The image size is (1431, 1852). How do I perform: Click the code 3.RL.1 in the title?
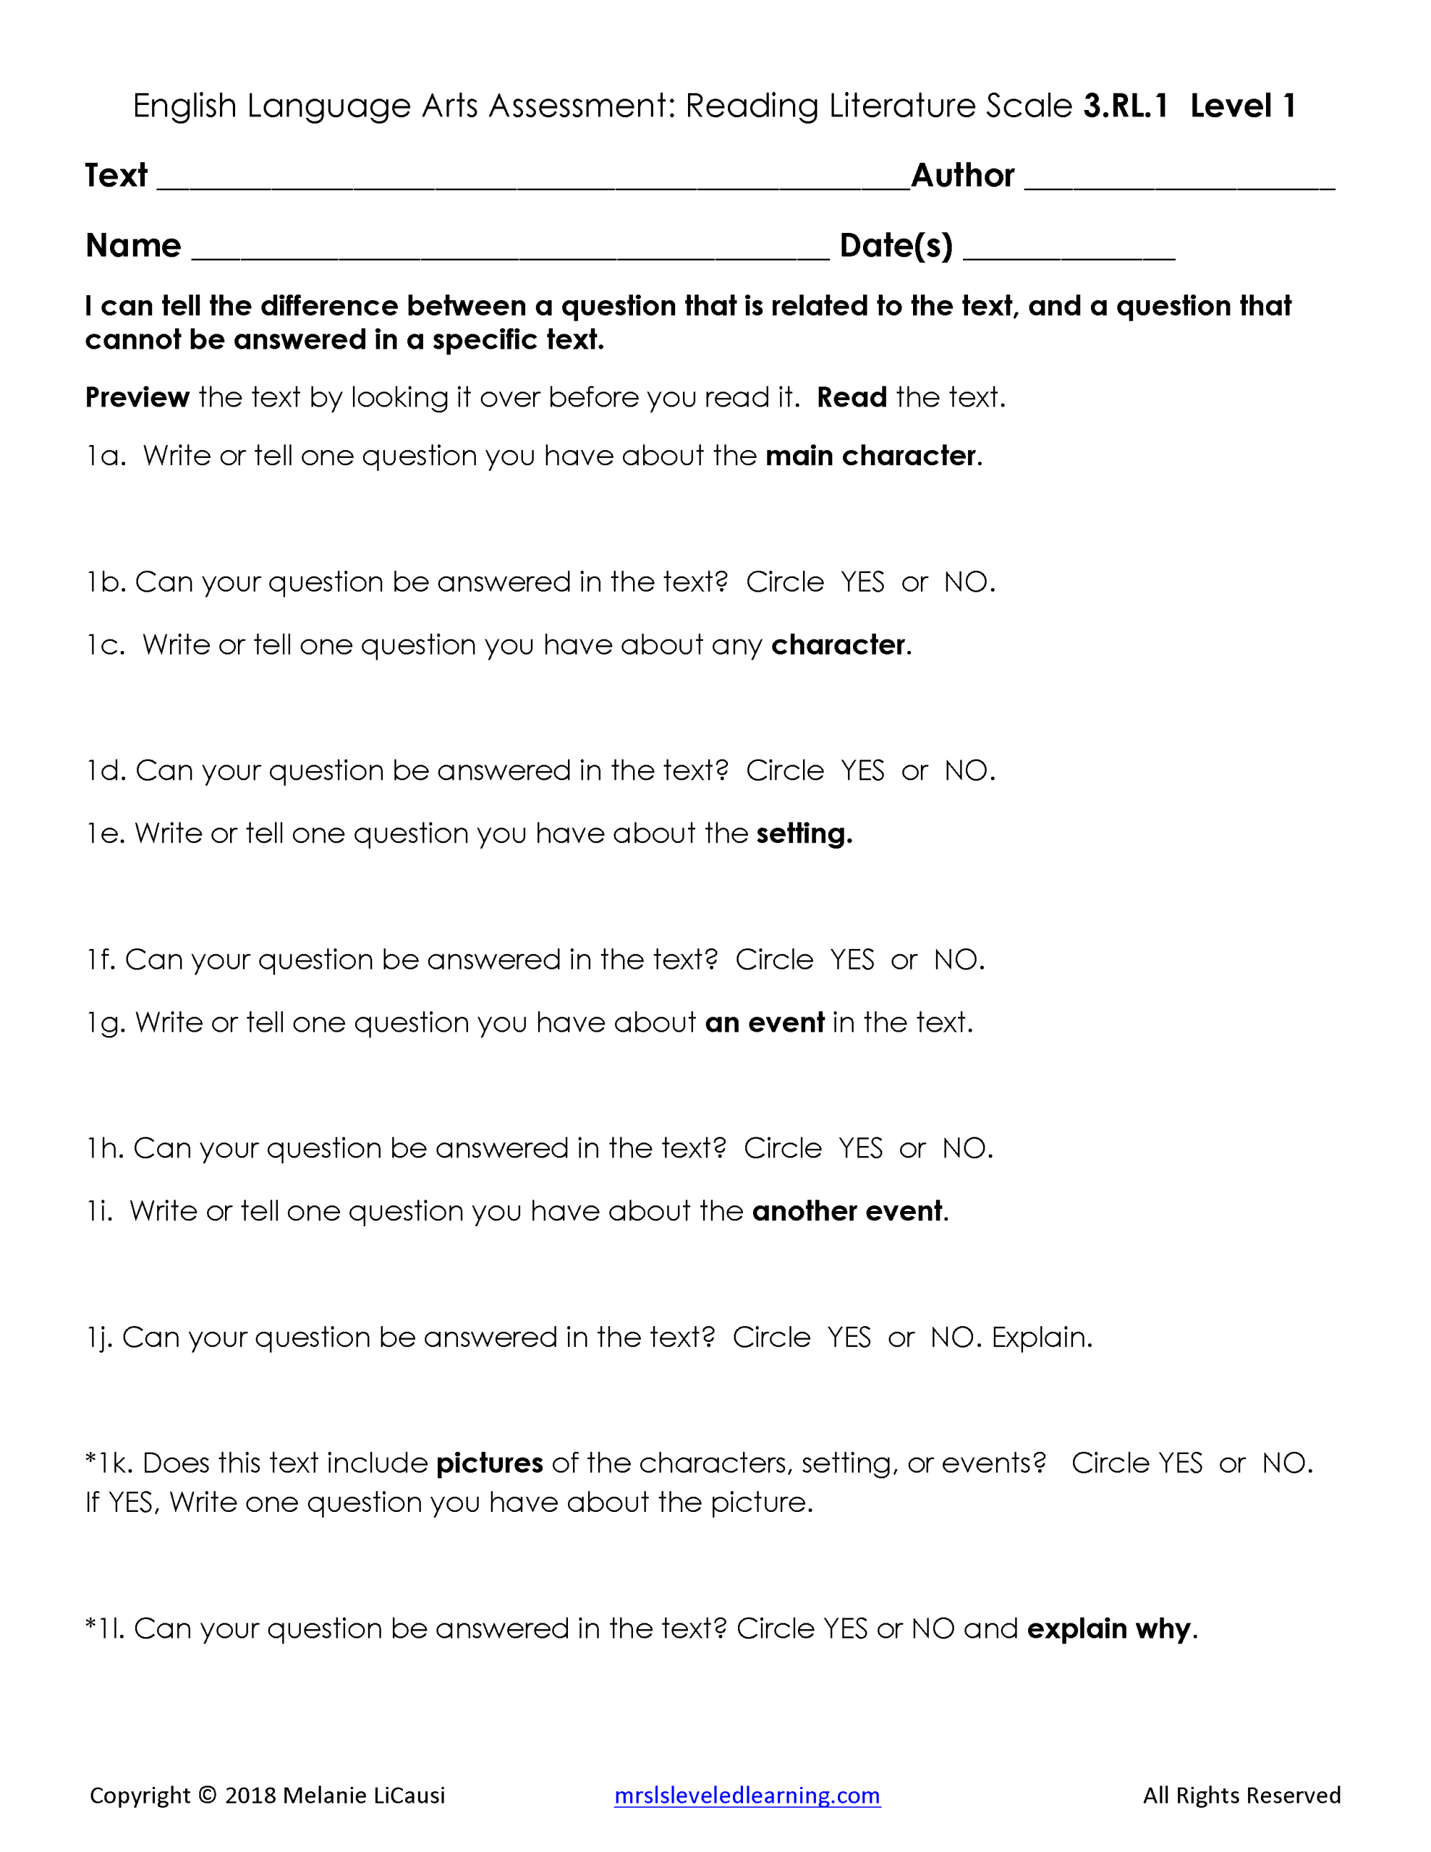tap(1125, 106)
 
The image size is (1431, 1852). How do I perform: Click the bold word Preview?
tap(137, 397)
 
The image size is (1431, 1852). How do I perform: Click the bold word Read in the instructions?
tap(851, 397)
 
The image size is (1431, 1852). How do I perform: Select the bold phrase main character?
tap(870, 456)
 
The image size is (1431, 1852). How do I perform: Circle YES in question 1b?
tap(862, 582)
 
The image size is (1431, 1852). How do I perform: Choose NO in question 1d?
tap(965, 770)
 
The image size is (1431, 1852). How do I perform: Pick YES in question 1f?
tap(852, 960)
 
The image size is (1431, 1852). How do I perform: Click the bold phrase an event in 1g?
tap(764, 1023)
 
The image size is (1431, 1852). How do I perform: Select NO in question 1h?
tap(964, 1148)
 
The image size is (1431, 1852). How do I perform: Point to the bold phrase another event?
tap(846, 1212)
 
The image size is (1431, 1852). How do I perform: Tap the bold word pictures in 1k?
tap(490, 1464)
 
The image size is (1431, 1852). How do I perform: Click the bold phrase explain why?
tap(1108, 1629)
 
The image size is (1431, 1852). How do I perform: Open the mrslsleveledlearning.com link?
tap(747, 1795)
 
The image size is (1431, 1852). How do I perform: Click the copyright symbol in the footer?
tap(207, 1795)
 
